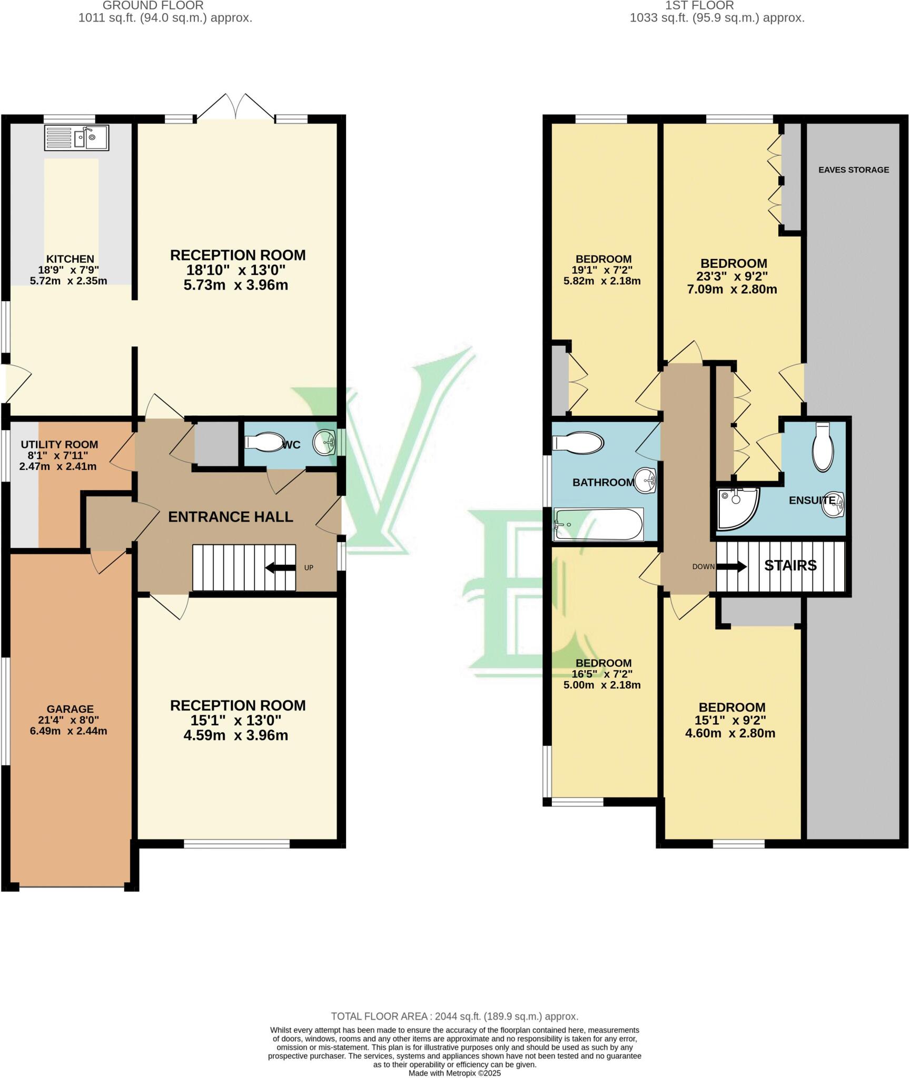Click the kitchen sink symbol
(x=77, y=137)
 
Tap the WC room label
(x=291, y=445)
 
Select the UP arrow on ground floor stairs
(x=280, y=567)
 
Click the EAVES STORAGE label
(x=853, y=169)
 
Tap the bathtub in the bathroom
(x=598, y=524)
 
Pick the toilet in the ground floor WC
(x=264, y=442)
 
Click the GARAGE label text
(x=70, y=709)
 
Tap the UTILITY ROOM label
(x=59, y=444)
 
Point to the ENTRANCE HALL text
(x=230, y=516)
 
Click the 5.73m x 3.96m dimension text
(x=235, y=285)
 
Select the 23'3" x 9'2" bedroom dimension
(x=734, y=276)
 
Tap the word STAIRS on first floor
(x=790, y=565)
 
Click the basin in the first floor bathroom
(x=645, y=480)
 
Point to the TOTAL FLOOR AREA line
(x=454, y=1016)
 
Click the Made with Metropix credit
(x=454, y=1073)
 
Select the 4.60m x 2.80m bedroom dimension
(x=730, y=733)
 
